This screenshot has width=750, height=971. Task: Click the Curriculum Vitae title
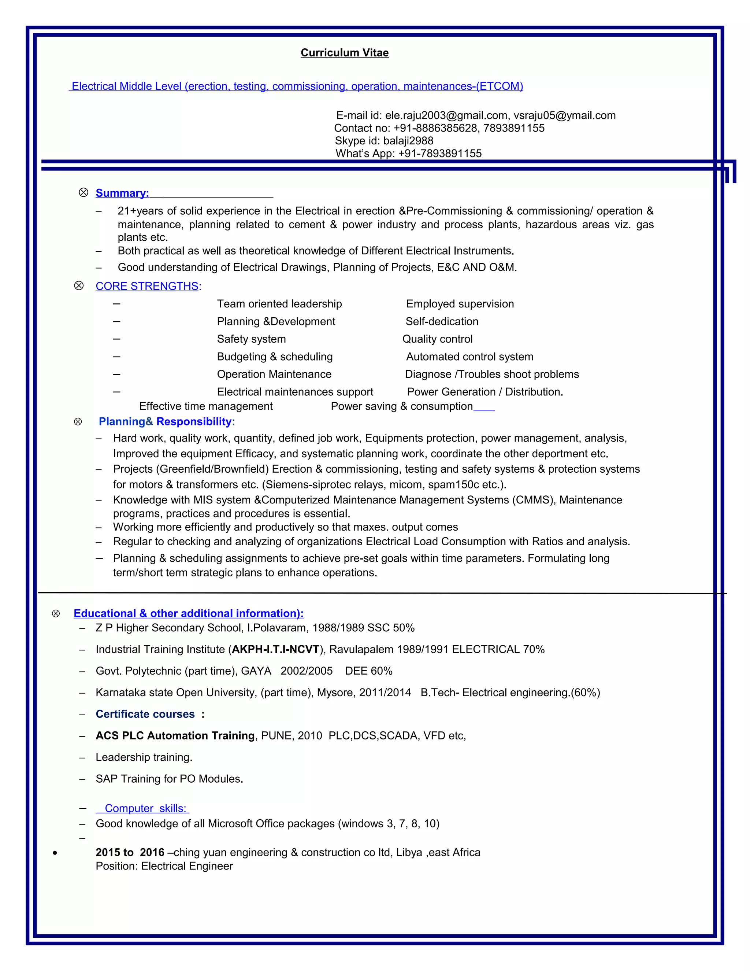click(344, 53)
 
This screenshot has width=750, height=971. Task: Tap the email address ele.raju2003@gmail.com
click(446, 115)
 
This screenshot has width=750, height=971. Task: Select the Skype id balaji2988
click(408, 141)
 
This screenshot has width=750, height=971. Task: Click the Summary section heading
click(122, 193)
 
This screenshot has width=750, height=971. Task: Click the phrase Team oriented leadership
click(279, 304)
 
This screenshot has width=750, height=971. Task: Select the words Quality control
click(437, 339)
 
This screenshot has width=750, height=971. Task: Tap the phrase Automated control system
click(469, 357)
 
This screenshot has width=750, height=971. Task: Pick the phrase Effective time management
click(206, 406)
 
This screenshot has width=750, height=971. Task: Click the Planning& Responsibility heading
click(167, 421)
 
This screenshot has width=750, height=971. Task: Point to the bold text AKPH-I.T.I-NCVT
click(275, 650)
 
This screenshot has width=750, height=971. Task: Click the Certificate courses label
click(145, 714)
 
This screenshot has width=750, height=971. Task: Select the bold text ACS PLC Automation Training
click(175, 736)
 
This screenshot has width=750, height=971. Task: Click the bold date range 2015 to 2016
click(130, 852)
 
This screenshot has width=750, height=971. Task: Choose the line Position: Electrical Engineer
click(164, 866)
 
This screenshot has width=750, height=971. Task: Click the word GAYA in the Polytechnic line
click(256, 671)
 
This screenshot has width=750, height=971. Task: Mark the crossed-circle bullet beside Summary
click(83, 192)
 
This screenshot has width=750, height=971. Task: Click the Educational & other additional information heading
click(188, 613)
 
